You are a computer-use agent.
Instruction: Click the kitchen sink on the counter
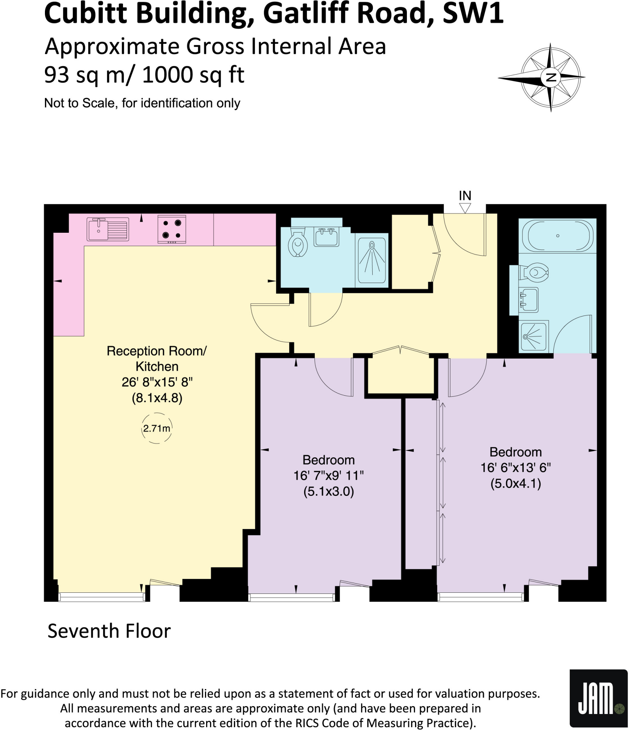(x=108, y=229)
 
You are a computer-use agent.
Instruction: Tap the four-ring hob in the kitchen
(x=172, y=229)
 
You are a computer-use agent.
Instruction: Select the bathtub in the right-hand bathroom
(x=557, y=236)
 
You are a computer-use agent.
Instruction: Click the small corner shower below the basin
(x=533, y=336)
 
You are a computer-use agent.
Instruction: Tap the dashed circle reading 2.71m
(x=157, y=428)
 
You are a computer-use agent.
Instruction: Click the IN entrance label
(x=465, y=196)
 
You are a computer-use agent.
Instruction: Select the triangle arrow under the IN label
(x=465, y=207)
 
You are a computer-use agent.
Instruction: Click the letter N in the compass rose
(x=551, y=77)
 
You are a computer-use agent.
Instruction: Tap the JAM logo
(x=598, y=698)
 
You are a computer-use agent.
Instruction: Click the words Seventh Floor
(x=109, y=631)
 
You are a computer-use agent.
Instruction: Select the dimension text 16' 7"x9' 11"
(x=328, y=475)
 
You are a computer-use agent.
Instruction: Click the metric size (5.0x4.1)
(x=516, y=484)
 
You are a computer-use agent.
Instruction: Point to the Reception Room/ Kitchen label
(x=157, y=359)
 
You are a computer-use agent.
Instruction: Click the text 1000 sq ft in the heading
(x=193, y=75)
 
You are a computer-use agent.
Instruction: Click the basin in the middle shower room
(x=326, y=237)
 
